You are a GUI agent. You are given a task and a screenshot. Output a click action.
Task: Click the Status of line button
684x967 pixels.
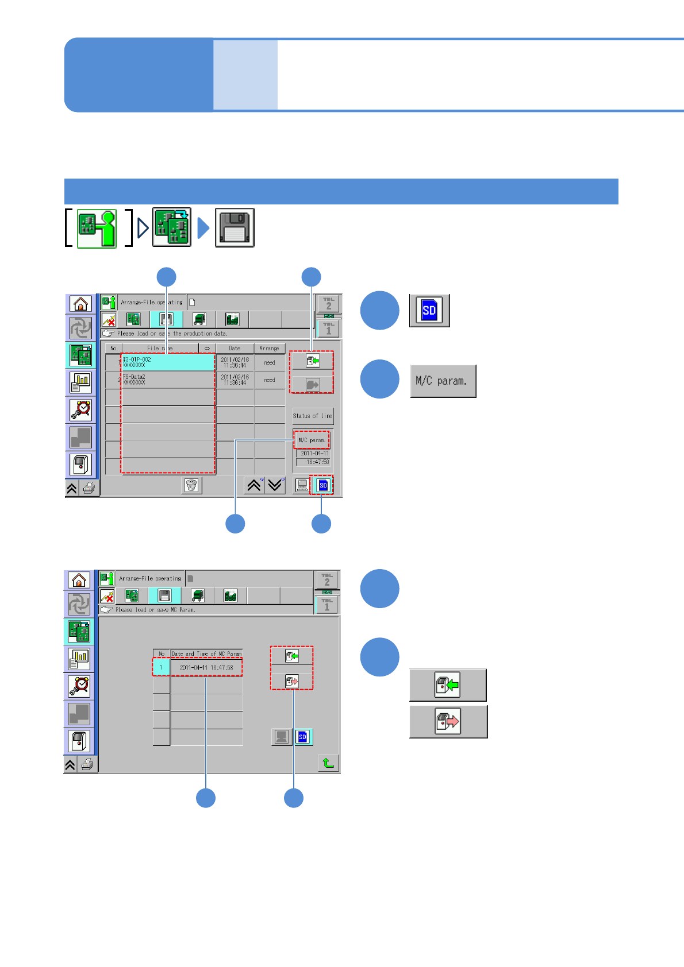pyautogui.click(x=313, y=416)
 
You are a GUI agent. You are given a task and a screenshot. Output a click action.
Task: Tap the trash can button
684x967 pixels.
pyautogui.click(x=191, y=486)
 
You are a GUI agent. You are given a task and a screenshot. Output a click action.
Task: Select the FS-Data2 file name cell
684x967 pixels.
pyautogui.click(x=168, y=380)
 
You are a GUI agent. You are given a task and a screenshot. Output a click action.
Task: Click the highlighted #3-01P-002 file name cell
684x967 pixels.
pyautogui.click(x=168, y=362)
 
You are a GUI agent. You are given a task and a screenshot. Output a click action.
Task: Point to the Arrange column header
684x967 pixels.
pyautogui.click(x=269, y=349)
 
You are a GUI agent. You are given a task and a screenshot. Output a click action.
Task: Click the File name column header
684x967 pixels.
pyautogui.click(x=160, y=349)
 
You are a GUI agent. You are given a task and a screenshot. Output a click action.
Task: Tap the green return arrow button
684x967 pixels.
pyautogui.click(x=328, y=763)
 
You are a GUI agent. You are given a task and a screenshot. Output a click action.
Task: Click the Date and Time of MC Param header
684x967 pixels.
pyautogui.click(x=206, y=653)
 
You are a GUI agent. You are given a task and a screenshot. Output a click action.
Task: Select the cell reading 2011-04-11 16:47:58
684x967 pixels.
pyautogui.click(x=206, y=668)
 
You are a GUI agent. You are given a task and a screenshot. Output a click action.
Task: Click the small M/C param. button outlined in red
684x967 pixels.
pyautogui.click(x=312, y=440)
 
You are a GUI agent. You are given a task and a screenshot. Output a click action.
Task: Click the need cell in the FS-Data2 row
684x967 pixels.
pyautogui.click(x=270, y=380)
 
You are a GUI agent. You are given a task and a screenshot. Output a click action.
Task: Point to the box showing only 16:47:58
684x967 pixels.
pyautogui.click(x=313, y=462)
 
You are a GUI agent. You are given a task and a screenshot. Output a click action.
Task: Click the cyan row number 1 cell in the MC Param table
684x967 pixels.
pyautogui.click(x=161, y=668)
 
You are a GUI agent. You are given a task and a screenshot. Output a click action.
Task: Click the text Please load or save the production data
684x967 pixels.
pyautogui.click(x=172, y=334)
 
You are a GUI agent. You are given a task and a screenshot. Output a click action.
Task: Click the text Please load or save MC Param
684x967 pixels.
pyautogui.click(x=155, y=610)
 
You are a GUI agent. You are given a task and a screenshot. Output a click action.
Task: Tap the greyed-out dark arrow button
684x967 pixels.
pyautogui.click(x=312, y=384)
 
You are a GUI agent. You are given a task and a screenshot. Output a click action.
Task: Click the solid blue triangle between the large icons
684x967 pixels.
pyautogui.click(x=203, y=228)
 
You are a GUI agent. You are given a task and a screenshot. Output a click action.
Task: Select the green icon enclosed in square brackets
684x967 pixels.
pyautogui.click(x=97, y=228)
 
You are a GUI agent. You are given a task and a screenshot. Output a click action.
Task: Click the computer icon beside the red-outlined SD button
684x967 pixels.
pyautogui.click(x=301, y=485)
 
